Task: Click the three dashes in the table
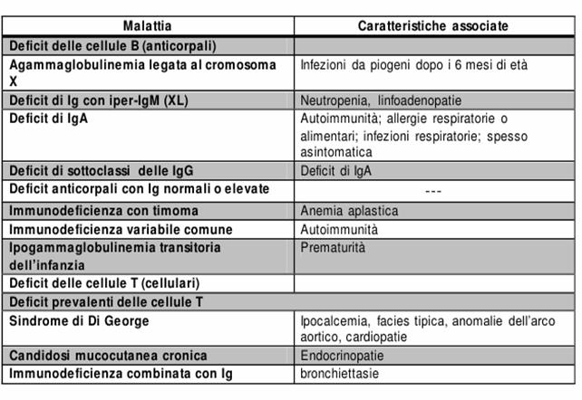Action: coord(432,191)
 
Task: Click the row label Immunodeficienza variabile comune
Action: coord(121,230)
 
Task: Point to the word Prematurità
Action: coord(334,246)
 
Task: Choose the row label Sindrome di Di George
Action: coord(80,321)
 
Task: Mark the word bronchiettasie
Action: coord(340,373)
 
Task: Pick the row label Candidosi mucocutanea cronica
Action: coord(108,356)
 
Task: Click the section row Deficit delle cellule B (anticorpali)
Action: coord(112,44)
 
